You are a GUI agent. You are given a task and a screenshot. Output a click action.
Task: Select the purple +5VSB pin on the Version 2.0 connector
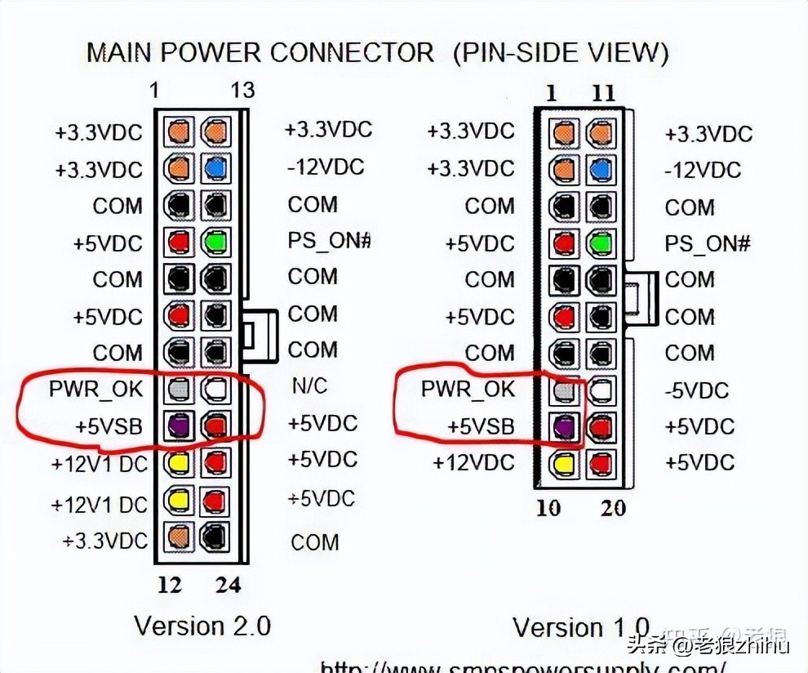point(179,424)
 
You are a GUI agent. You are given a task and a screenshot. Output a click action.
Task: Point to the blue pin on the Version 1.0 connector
point(600,170)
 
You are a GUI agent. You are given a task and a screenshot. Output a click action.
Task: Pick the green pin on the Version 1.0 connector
point(600,243)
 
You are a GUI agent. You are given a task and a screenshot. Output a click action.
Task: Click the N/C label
point(309,385)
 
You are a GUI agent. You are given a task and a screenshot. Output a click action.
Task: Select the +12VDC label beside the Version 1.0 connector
point(473,463)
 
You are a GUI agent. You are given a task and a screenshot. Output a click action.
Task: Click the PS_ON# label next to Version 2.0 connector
point(330,241)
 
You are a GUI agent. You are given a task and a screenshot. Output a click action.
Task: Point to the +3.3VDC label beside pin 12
point(105,541)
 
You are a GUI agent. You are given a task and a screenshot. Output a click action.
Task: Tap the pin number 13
point(242,90)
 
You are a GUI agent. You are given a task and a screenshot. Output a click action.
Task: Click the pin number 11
point(602,92)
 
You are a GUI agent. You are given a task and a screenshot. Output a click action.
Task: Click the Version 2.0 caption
point(202,626)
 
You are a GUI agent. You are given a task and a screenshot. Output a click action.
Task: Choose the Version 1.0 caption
point(581,627)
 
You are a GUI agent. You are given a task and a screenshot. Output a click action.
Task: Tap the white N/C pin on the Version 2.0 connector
point(215,388)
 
